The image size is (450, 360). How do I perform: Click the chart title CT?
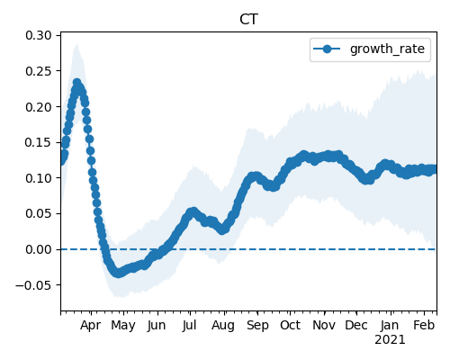coord(248,20)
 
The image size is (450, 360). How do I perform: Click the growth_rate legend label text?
coord(387,49)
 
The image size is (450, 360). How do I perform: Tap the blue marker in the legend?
coord(327,49)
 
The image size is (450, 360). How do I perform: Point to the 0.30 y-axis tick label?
coord(39,35)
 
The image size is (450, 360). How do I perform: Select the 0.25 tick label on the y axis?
coord(39,71)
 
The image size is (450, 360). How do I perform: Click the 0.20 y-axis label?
coord(39,107)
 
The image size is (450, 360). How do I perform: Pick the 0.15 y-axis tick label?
coord(39,142)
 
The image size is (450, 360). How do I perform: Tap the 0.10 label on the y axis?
coord(39,178)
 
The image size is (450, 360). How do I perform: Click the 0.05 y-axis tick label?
coord(39,213)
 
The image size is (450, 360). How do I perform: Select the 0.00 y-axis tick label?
coord(39,249)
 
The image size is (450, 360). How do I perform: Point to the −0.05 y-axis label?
coord(33,285)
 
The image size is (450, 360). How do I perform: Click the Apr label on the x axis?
coord(91,326)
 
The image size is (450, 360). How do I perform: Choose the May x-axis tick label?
coord(123,326)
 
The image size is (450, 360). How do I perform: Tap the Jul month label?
coord(189,326)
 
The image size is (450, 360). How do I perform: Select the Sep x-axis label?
coord(257,326)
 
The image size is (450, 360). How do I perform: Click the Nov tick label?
coord(324,326)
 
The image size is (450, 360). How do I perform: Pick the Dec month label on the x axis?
coord(356,326)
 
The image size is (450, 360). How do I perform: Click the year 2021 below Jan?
coord(390,340)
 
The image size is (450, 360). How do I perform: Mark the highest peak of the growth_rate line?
coord(77,82)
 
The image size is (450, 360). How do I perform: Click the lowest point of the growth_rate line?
coord(118,274)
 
